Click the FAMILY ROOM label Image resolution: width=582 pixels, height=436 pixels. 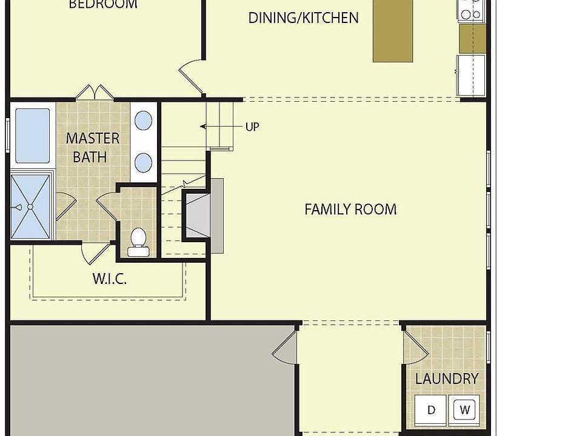point(350,210)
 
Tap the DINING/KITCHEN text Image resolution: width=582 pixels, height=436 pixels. point(303,18)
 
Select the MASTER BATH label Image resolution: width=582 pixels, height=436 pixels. point(92,147)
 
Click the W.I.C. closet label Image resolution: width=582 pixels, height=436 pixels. point(110,279)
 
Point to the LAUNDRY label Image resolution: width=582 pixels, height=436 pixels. point(447,379)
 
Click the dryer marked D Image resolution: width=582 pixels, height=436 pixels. point(431,410)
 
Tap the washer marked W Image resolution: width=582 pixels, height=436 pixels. point(465,410)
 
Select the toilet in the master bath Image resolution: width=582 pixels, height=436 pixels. point(138,239)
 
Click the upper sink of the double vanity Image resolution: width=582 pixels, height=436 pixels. point(143,121)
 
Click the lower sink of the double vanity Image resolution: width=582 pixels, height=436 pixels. point(143,162)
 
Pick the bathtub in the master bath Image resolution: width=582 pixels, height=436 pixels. point(32,136)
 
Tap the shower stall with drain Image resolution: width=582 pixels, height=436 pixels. point(32,206)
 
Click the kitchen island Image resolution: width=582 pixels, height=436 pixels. point(392,30)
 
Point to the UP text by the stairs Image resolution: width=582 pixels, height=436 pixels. point(252,127)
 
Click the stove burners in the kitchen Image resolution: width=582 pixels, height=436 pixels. point(472,9)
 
